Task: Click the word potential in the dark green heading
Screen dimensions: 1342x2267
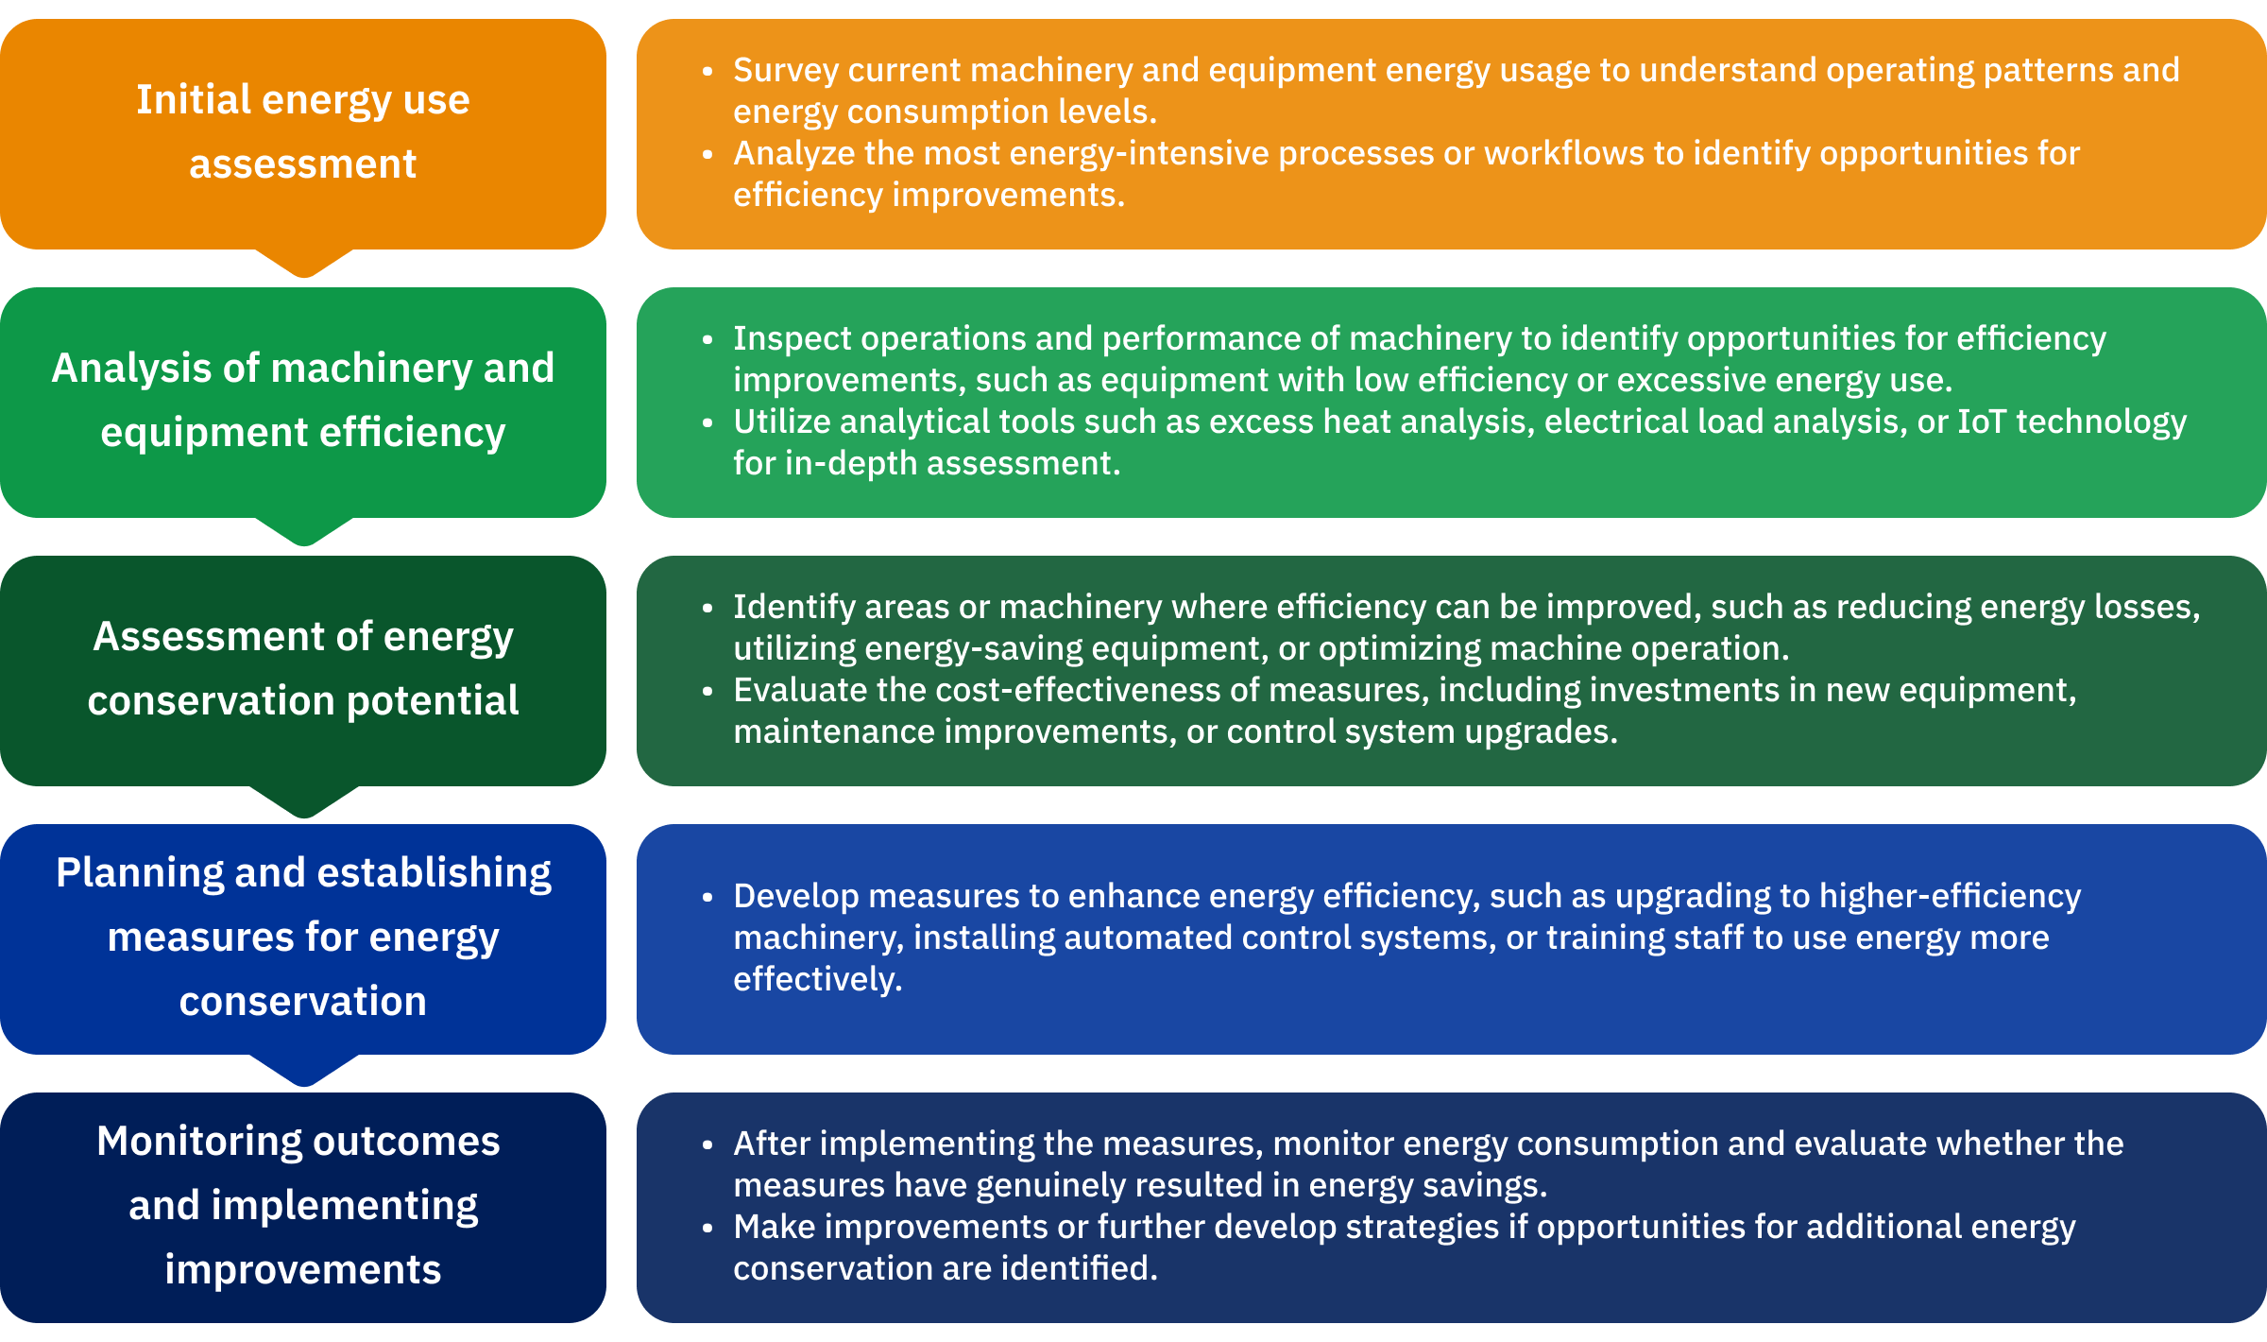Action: point(433,701)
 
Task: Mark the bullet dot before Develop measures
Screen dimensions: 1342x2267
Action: point(707,897)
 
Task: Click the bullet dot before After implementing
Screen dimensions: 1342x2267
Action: point(707,1145)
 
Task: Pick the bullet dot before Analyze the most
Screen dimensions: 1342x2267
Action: point(707,154)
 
